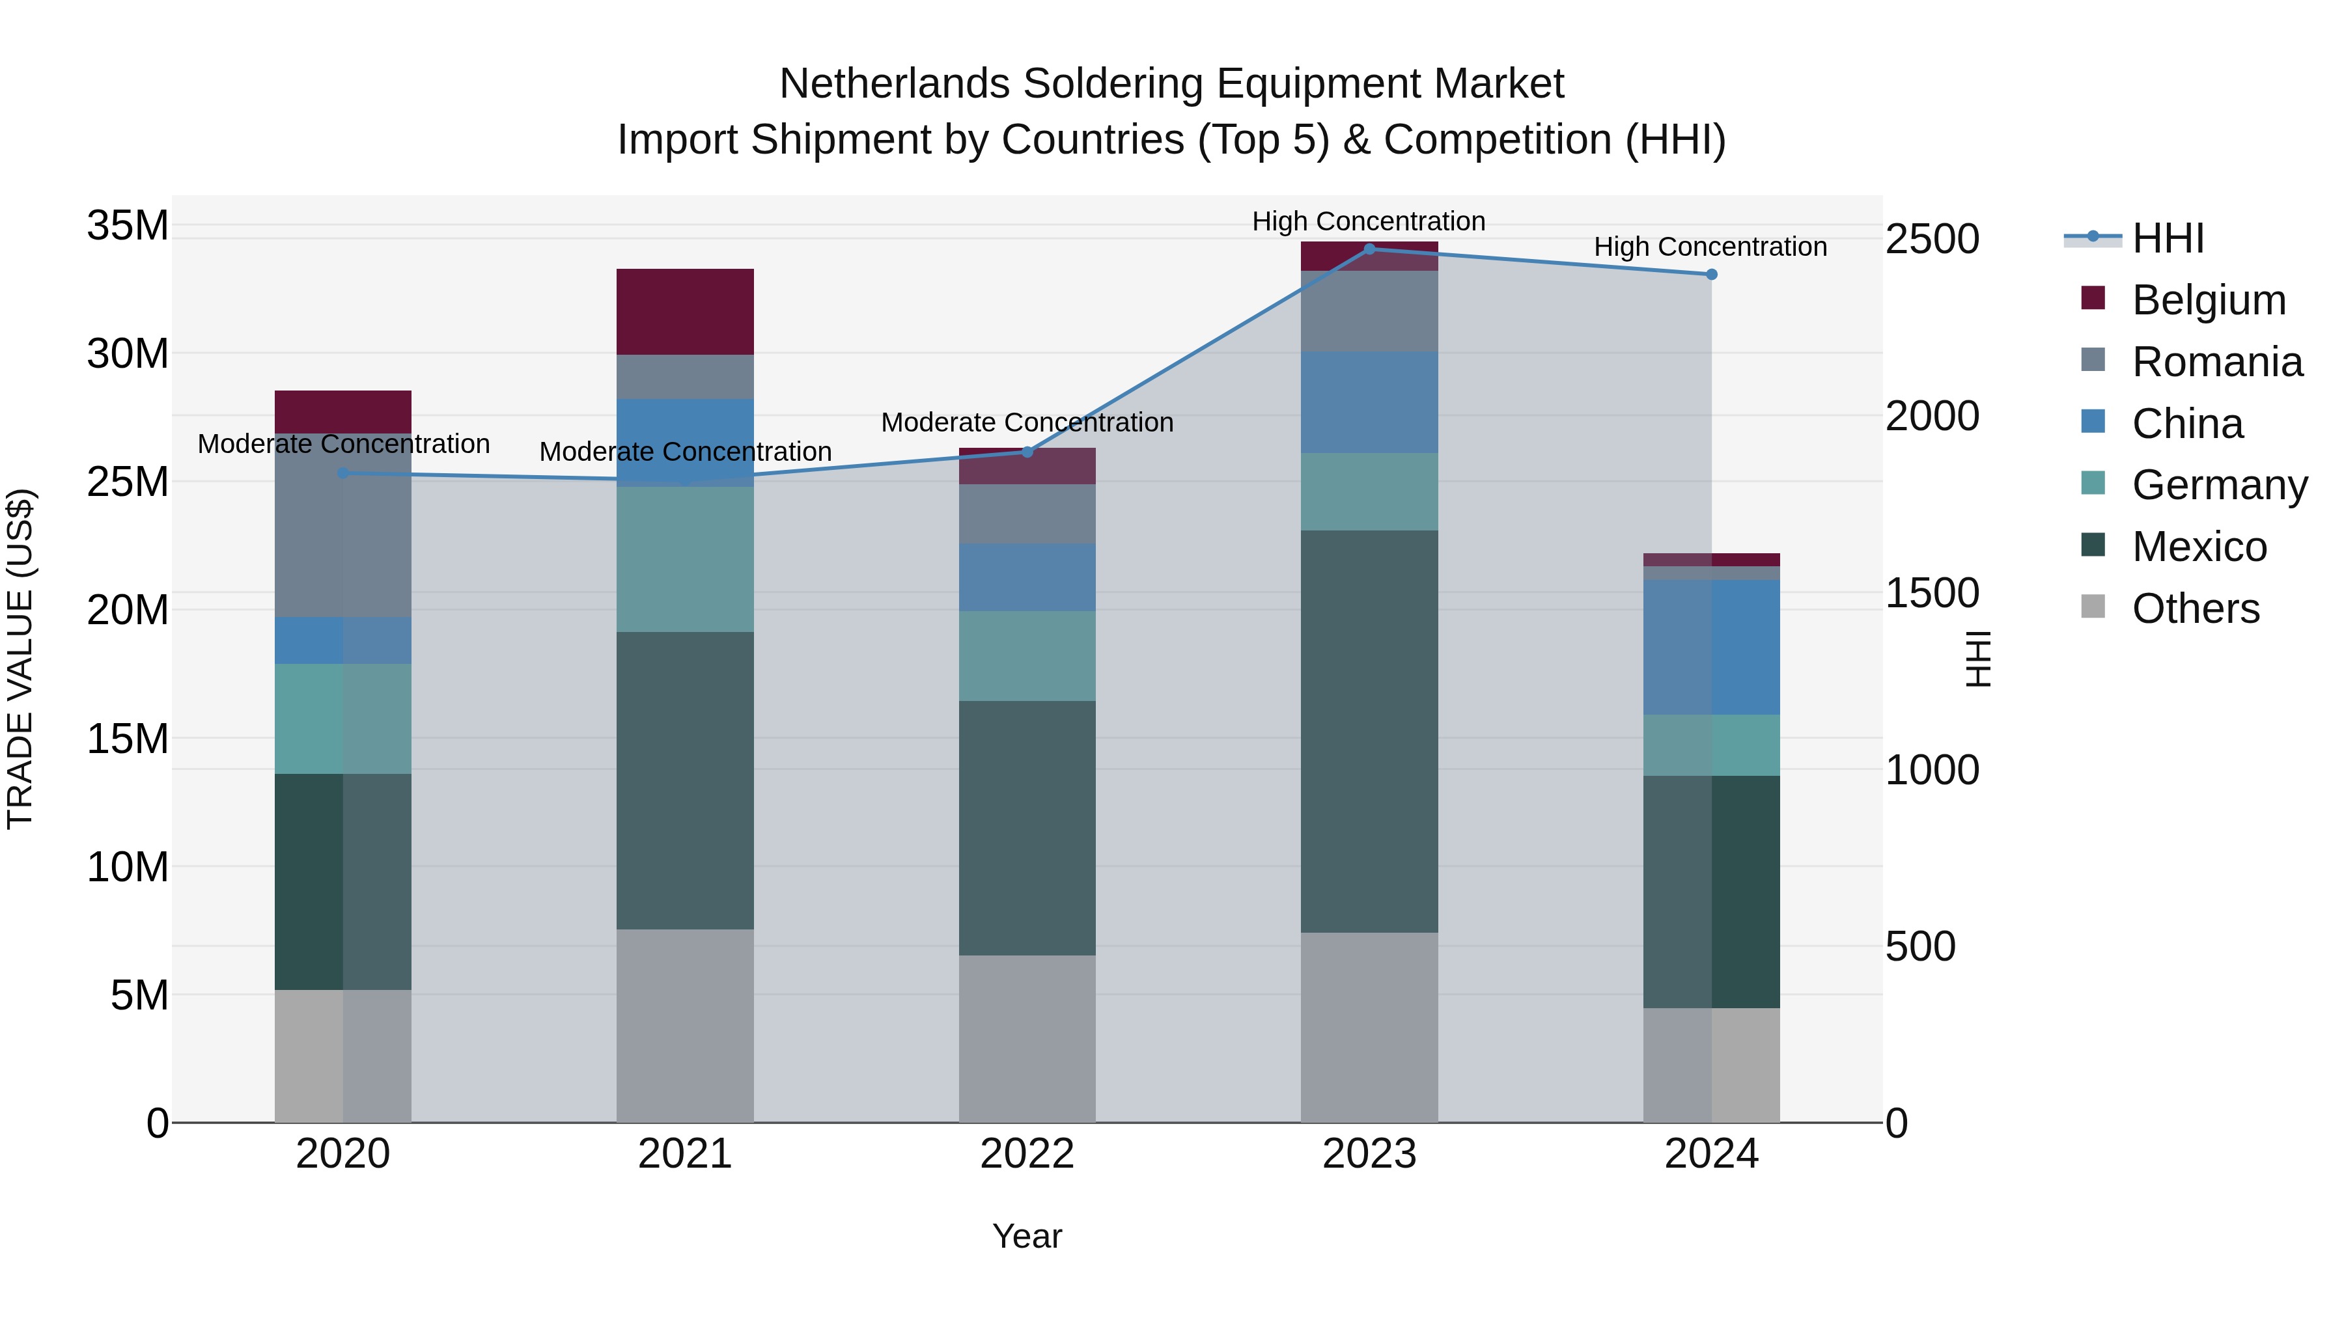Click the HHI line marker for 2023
click(1369, 249)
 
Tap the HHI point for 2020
click(343, 473)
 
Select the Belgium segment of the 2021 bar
click(684, 312)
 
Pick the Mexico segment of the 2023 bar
click(1369, 732)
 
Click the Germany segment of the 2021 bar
click(684, 559)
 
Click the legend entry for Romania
click(2216, 362)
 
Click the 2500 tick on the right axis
click(1932, 240)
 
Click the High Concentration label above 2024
click(1710, 247)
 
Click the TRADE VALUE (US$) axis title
click(20, 659)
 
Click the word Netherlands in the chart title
click(895, 84)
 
